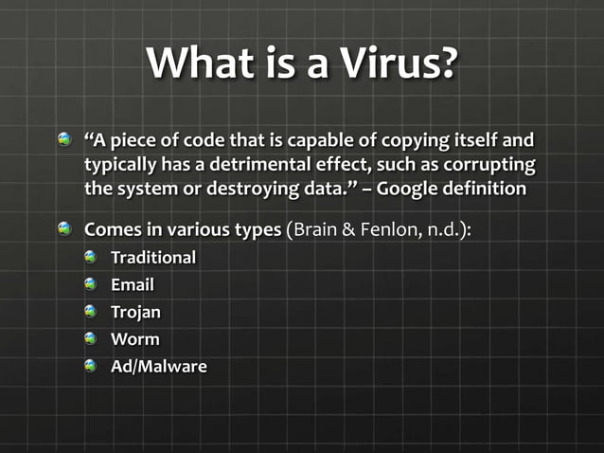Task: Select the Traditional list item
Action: coord(153,258)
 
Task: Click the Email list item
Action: coord(133,284)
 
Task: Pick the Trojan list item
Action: coord(135,312)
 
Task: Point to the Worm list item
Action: coord(134,338)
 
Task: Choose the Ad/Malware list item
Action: coord(158,366)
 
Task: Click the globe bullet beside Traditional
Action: coord(91,258)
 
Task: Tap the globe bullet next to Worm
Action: coord(91,338)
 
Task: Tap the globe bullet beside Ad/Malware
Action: coord(91,366)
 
